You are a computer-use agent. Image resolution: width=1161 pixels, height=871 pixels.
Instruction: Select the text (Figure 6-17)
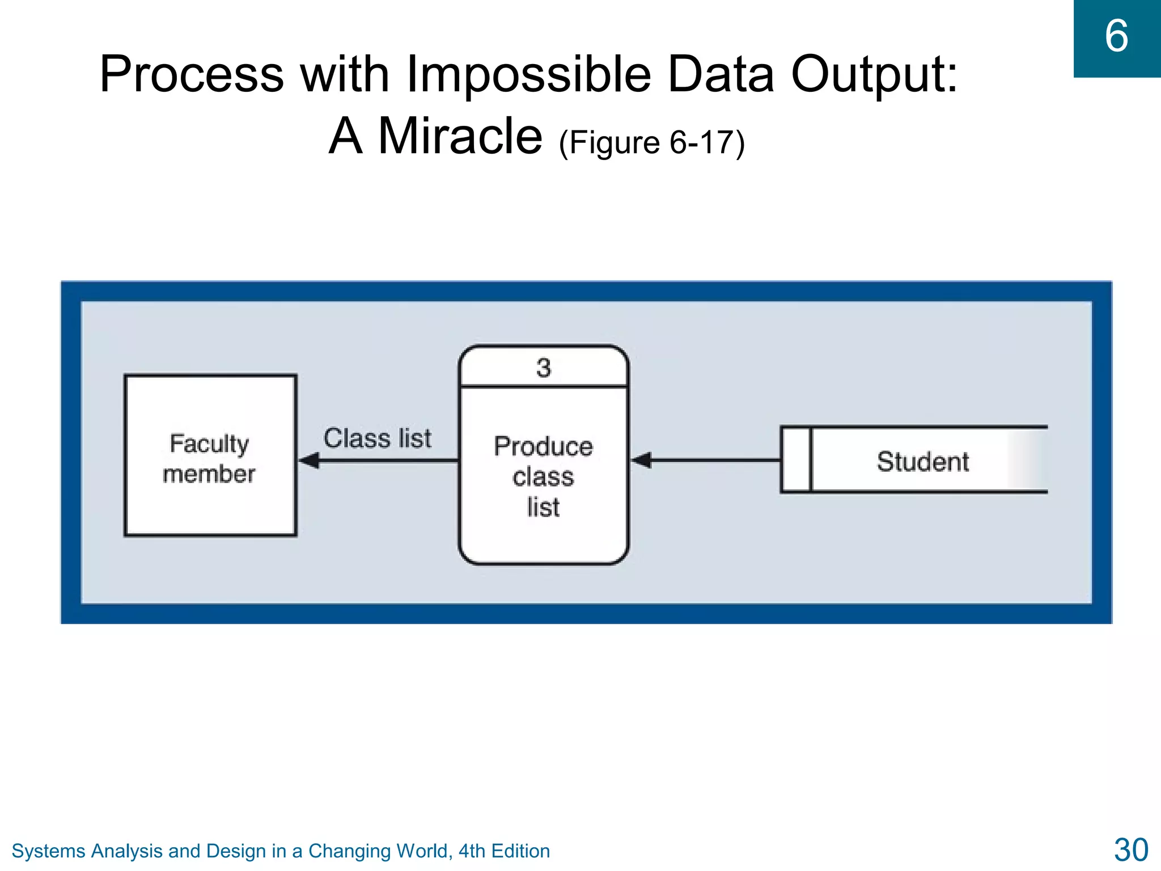point(651,142)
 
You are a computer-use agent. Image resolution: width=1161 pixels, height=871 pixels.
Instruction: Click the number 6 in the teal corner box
point(1116,36)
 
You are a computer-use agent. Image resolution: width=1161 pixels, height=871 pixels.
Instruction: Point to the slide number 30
point(1130,850)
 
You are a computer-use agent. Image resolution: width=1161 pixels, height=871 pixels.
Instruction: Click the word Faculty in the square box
point(209,443)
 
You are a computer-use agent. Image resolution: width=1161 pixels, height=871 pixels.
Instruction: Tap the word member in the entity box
point(209,474)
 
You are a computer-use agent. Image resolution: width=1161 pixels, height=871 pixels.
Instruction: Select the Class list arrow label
point(378,438)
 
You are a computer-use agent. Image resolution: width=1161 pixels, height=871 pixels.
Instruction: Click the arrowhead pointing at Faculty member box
point(310,460)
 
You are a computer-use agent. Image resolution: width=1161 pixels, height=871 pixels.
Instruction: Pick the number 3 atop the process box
point(544,368)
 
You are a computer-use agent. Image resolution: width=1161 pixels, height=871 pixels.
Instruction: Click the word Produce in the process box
point(544,446)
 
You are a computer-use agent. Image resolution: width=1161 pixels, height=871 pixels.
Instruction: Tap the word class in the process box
point(543,476)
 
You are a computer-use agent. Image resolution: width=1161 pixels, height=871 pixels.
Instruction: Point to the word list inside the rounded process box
point(543,507)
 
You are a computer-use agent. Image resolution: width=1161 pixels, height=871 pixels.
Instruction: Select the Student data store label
point(922,461)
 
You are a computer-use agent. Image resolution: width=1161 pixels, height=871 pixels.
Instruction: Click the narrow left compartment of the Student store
point(796,460)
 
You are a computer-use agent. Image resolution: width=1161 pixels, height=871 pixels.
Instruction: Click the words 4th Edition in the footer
point(504,851)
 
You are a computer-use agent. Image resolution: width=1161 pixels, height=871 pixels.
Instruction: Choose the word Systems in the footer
point(48,851)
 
